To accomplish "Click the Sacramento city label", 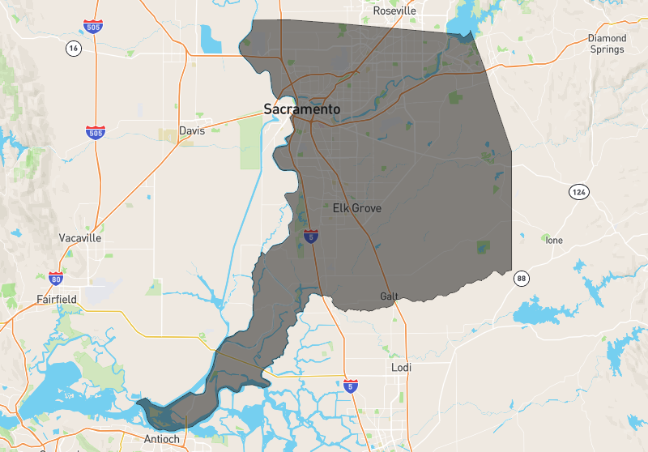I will pos(302,108).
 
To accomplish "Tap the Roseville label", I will pos(394,11).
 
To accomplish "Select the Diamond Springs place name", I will pos(607,44).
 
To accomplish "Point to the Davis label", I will pos(192,130).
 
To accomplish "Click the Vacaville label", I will pos(80,238).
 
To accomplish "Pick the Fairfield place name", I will pos(57,299).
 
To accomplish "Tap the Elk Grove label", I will pos(357,208).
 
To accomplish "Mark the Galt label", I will pos(390,296).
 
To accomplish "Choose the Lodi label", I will pos(401,368).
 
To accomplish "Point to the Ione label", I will pos(554,241).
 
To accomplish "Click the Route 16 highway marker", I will pos(73,49).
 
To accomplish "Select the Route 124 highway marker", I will pos(578,193).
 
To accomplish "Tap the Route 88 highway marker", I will pos(520,279).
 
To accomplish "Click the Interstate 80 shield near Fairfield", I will pos(56,279).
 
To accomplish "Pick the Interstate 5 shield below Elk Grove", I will pos(312,237).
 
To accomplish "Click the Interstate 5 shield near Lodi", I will pos(351,386).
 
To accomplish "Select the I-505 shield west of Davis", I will pos(96,132).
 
